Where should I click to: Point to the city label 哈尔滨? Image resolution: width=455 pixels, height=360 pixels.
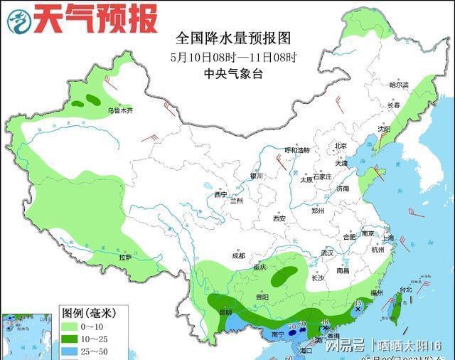tap(400, 85)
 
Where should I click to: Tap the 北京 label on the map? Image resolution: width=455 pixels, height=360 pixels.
tap(341, 146)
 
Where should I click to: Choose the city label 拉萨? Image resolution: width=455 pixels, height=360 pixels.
tap(125, 257)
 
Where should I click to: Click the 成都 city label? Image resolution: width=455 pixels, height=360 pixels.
tap(237, 255)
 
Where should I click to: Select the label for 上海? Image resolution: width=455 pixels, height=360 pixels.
tap(388, 238)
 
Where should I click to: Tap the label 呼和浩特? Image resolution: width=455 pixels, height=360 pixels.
tap(297, 150)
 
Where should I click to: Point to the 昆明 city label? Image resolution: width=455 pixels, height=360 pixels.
tap(224, 312)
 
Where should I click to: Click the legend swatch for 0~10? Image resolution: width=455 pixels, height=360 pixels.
tap(70, 327)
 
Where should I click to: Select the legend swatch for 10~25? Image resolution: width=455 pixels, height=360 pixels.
tap(70, 339)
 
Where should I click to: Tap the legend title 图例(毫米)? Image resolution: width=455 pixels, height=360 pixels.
tap(85, 312)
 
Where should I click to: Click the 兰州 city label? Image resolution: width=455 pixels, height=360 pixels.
tap(235, 201)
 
